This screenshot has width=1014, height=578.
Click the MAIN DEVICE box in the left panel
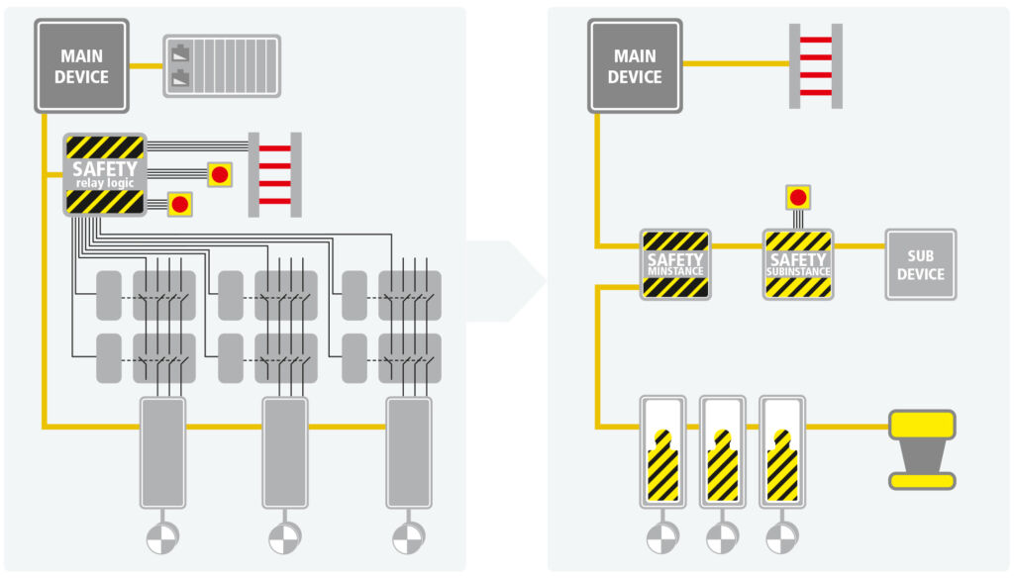tap(81, 64)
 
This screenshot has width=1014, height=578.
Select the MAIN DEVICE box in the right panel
tap(635, 64)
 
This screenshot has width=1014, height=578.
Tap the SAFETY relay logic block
tap(104, 175)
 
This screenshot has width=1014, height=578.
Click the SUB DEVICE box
tap(920, 264)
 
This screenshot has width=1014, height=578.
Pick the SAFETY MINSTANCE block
tap(675, 264)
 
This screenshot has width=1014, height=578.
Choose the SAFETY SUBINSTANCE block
tap(798, 264)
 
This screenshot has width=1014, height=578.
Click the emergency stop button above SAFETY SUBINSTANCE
tap(798, 197)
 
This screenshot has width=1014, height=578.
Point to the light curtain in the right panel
tap(815, 65)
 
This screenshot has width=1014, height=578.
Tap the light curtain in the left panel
tap(274, 174)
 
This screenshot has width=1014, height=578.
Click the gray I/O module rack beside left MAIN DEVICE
tap(221, 65)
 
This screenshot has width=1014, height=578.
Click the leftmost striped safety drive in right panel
tap(662, 450)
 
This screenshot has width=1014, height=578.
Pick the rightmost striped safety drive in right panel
tap(782, 450)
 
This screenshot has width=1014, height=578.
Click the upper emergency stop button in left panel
tap(220, 174)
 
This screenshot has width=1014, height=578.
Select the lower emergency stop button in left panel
tap(179, 205)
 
